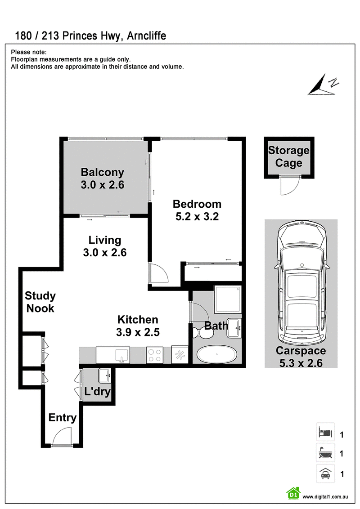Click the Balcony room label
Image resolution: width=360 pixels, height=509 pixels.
[102, 172]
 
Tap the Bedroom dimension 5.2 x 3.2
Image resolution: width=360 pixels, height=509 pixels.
[197, 217]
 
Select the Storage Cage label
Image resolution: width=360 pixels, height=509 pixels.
[289, 156]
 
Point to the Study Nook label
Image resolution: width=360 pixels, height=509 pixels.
[40, 302]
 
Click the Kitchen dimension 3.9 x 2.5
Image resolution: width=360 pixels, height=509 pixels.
[138, 332]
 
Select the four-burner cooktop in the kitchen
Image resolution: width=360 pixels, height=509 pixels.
[155, 355]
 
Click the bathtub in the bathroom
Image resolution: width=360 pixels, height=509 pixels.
[217, 354]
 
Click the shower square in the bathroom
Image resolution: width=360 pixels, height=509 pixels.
[227, 299]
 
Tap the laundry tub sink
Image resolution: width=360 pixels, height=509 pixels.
[104, 375]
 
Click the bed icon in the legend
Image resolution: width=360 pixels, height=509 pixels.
[325, 432]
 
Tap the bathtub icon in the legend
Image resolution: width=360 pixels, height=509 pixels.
[325, 452]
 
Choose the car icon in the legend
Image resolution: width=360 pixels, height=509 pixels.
[325, 473]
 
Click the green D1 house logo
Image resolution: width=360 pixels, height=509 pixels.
[294, 493]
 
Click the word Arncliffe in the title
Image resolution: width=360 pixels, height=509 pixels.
[147, 36]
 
